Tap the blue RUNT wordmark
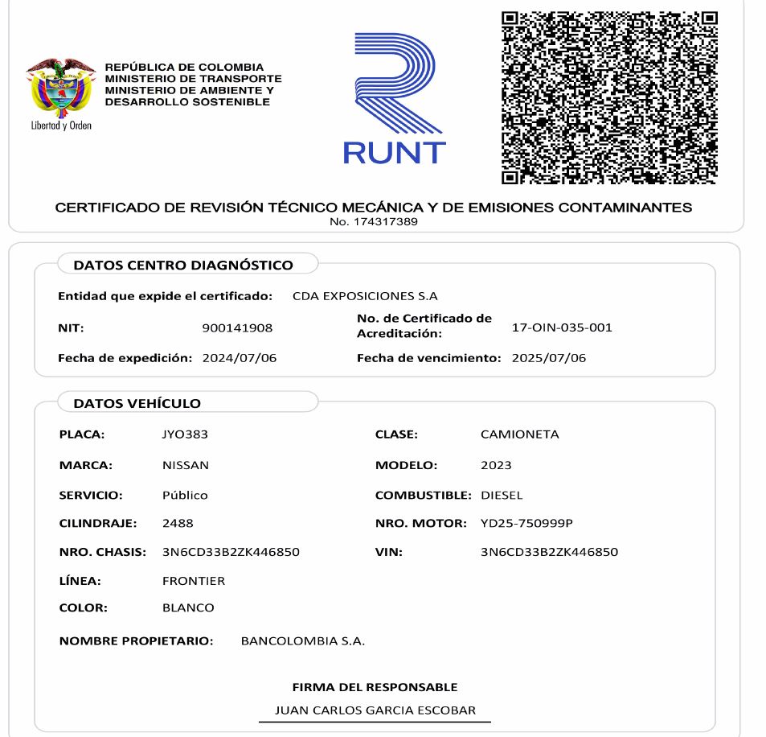tap(394, 151)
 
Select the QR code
tap(609, 97)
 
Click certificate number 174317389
tap(373, 221)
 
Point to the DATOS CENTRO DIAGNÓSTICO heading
tap(183, 265)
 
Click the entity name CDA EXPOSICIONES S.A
tap(365, 296)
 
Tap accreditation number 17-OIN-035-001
tap(562, 327)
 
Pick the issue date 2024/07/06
tap(239, 358)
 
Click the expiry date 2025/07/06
tap(549, 358)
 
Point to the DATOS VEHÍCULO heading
tap(137, 403)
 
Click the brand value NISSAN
tap(185, 465)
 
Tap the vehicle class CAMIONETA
tap(519, 434)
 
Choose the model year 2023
tap(496, 465)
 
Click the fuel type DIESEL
tap(502, 495)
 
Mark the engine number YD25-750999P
tap(526, 524)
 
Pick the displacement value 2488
tap(178, 524)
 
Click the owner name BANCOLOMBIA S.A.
tap(303, 641)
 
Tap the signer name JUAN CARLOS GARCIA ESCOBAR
tap(375, 710)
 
